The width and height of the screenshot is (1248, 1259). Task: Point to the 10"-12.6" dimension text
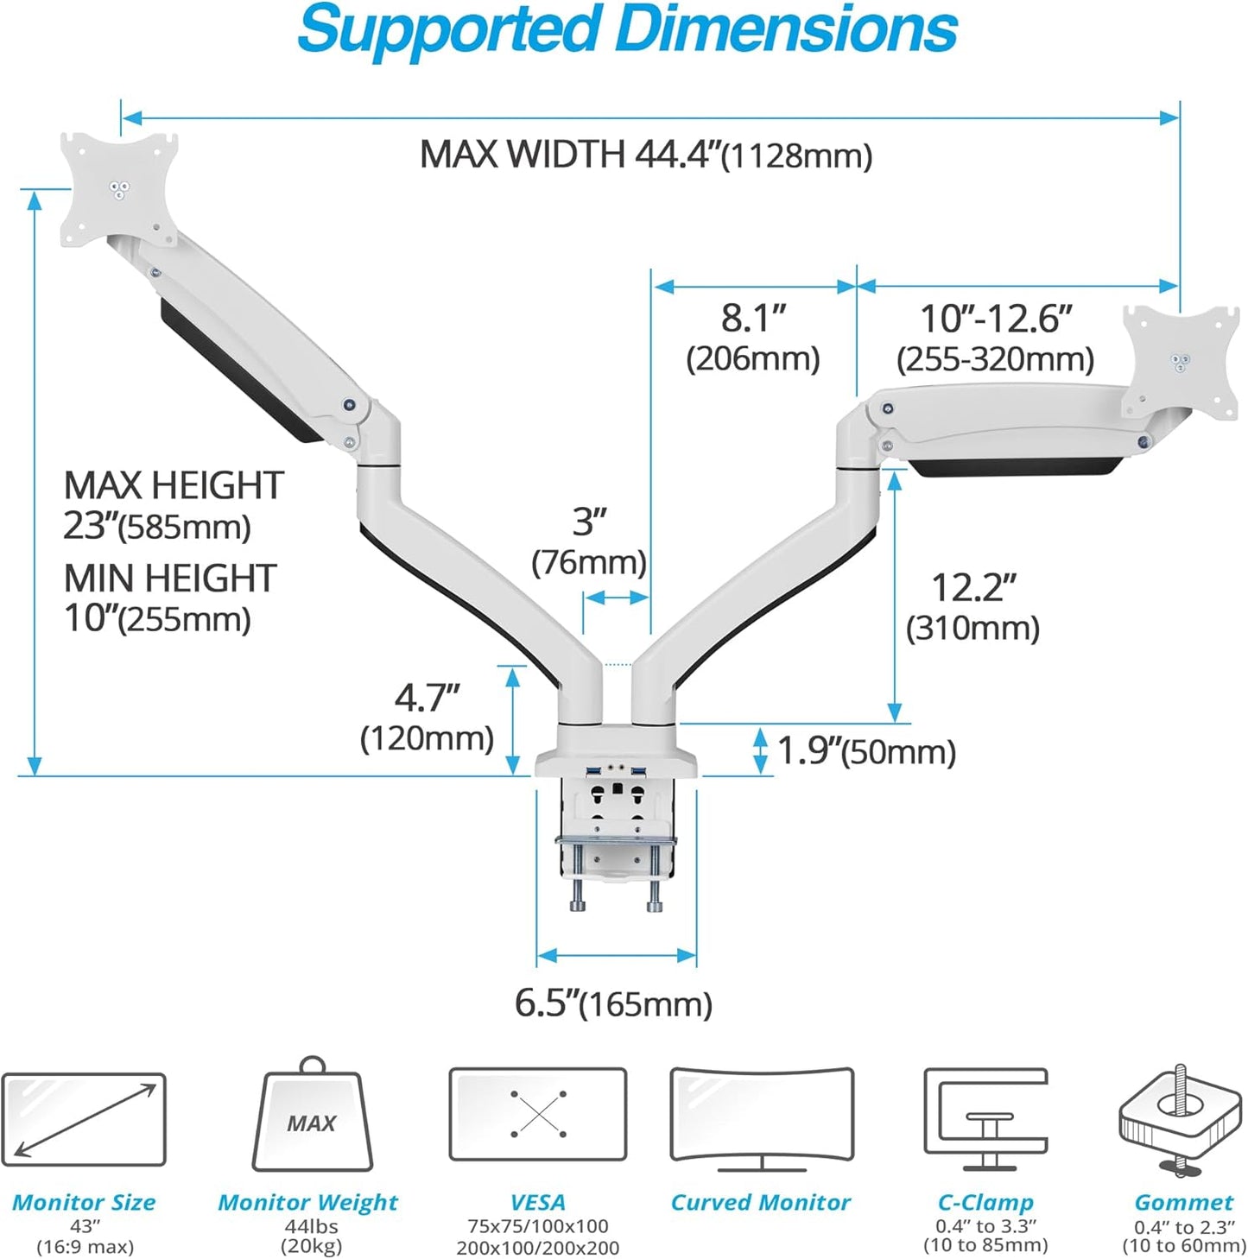(x=995, y=319)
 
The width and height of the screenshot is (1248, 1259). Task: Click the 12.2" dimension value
(x=973, y=589)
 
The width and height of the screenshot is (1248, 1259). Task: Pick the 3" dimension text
(x=589, y=522)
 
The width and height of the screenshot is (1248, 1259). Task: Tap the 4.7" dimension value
(x=427, y=699)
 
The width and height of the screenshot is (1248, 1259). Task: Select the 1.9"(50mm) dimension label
(x=866, y=751)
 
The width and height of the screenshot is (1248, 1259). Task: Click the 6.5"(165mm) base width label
(x=613, y=1003)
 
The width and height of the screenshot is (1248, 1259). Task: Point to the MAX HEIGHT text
(x=174, y=485)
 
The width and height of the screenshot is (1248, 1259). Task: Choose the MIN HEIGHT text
(x=170, y=578)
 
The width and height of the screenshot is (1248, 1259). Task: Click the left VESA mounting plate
(x=119, y=189)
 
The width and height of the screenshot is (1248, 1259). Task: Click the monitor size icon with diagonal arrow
(x=84, y=1119)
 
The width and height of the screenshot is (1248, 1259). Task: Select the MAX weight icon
(x=312, y=1118)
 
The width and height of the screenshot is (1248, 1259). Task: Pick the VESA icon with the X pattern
(x=537, y=1114)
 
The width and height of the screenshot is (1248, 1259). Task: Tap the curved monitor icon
(x=762, y=1117)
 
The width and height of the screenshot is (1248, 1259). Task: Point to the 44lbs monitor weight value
(x=311, y=1226)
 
